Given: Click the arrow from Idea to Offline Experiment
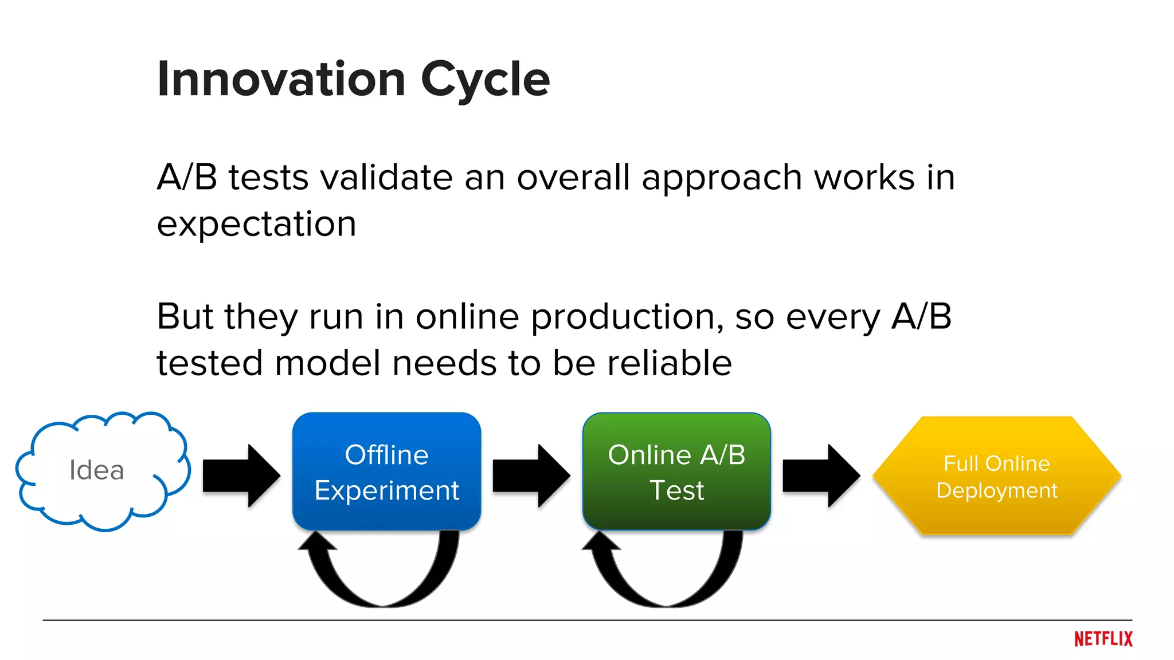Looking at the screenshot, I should pyautogui.click(x=241, y=476).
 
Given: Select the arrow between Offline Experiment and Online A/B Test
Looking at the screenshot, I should pyautogui.click(x=531, y=476).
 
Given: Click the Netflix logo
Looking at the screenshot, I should pyautogui.click(x=1103, y=639).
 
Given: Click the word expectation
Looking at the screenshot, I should pyautogui.click(x=256, y=225).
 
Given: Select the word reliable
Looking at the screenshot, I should pyautogui.click(x=669, y=363).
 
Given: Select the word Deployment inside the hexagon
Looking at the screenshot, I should pyautogui.click(x=996, y=490).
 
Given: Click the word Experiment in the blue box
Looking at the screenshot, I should pyautogui.click(x=386, y=491).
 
